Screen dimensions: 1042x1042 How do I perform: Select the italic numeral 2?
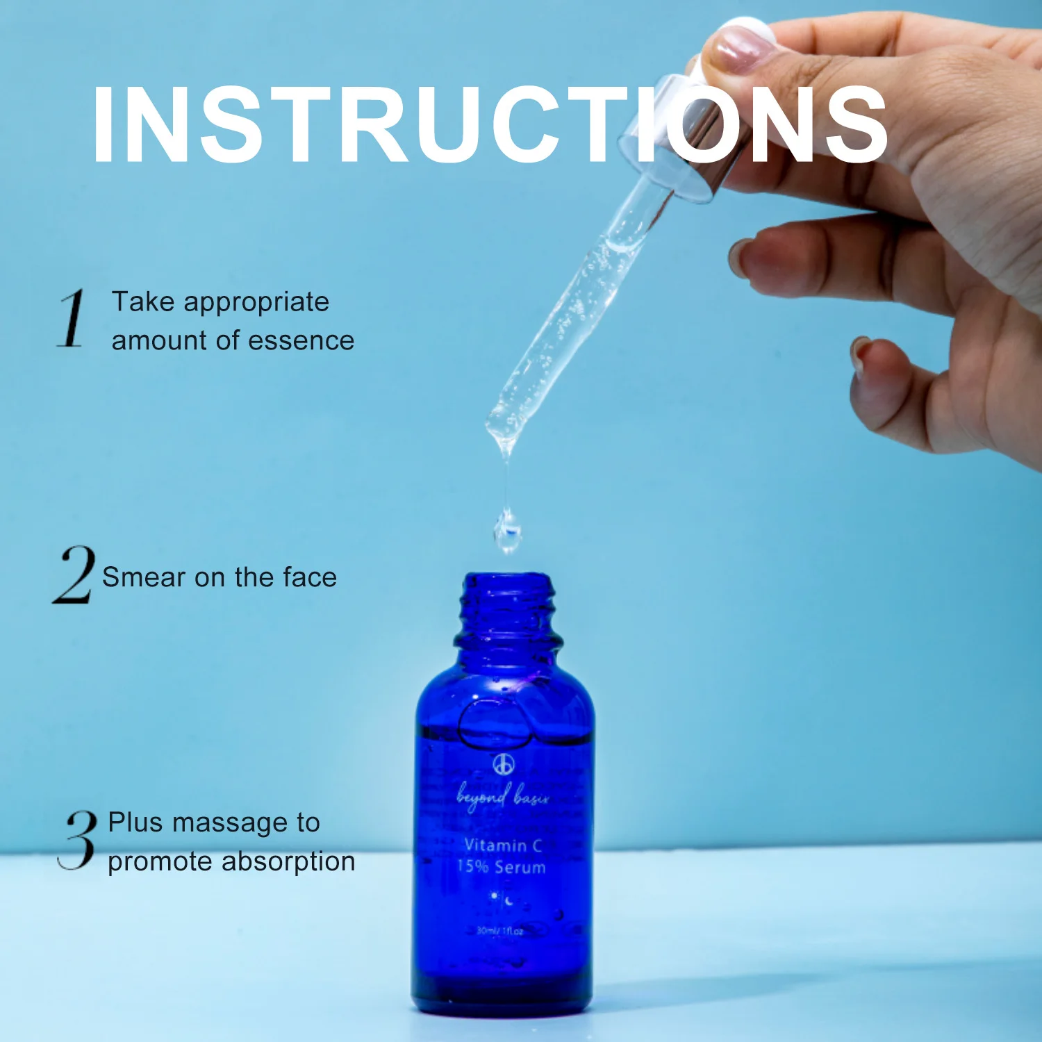(74, 575)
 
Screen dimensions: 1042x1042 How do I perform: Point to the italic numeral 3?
(77, 840)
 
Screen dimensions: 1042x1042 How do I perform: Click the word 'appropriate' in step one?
(256, 303)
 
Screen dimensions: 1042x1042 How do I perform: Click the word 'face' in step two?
(310, 577)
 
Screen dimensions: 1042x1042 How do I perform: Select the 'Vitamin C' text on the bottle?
(503, 845)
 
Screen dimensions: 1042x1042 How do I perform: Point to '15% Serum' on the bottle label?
(502, 867)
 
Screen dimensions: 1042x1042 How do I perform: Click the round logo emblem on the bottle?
(504, 764)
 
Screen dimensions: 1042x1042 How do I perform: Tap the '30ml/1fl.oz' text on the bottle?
(500, 930)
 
